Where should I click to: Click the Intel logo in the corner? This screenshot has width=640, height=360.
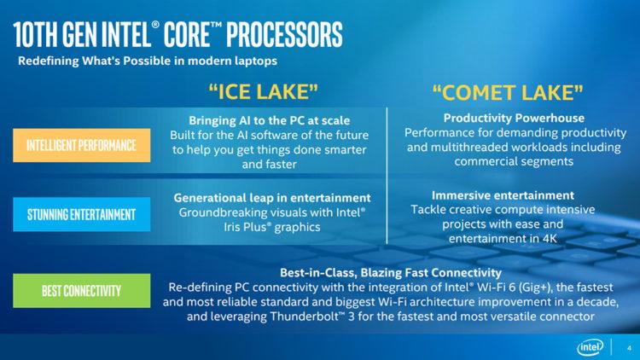pyautogui.click(x=591, y=347)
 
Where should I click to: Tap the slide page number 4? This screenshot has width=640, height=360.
pyautogui.click(x=629, y=347)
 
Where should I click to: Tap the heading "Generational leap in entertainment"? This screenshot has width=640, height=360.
pyautogui.click(x=272, y=197)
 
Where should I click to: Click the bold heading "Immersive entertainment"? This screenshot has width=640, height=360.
pyautogui.click(x=503, y=195)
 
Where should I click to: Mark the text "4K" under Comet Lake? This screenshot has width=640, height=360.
pyautogui.click(x=546, y=239)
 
